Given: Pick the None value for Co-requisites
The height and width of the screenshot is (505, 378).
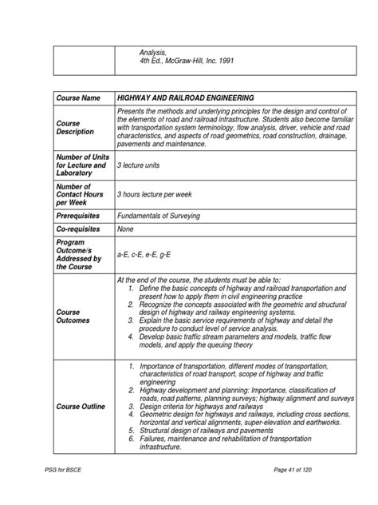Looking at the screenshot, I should (126, 229).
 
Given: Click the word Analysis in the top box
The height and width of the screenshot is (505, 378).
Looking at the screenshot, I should (153, 51).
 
